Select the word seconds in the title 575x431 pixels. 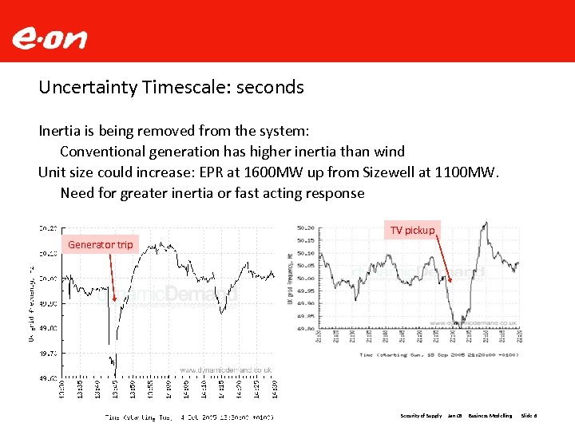(272, 87)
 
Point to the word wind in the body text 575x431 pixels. (387, 151)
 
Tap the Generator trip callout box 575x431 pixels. (101, 244)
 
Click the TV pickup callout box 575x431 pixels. (412, 230)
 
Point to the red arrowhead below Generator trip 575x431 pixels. (115, 300)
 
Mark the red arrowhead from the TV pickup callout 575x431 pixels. (451, 279)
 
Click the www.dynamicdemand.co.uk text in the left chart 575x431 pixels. (226, 370)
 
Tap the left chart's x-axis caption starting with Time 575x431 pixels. (189, 416)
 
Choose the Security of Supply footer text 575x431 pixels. (421, 416)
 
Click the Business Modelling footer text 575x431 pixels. (490, 416)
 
